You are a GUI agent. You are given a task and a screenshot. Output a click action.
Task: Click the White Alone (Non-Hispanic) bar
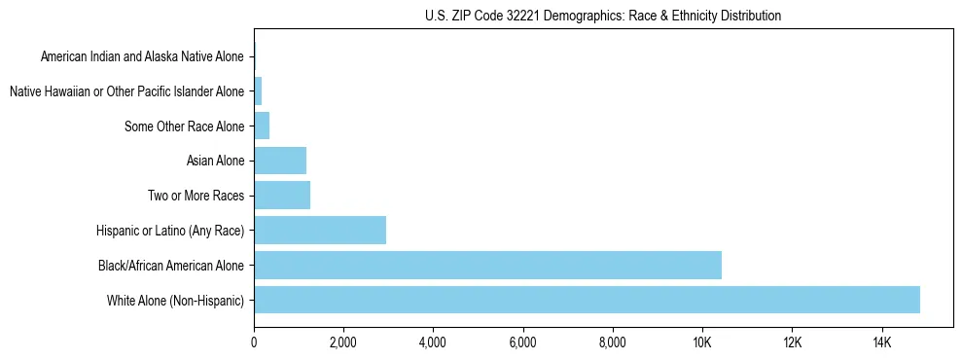click(587, 300)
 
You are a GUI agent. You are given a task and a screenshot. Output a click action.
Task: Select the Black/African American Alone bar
click(487, 265)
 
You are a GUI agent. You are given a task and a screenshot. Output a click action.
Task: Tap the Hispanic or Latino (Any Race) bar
click(320, 230)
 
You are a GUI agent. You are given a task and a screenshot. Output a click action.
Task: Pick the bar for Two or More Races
click(282, 195)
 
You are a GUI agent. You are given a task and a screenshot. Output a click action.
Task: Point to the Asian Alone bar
click(280, 160)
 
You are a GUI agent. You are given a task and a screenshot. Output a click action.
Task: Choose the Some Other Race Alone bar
click(262, 126)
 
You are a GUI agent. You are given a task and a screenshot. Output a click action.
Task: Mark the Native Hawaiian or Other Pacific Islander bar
click(258, 91)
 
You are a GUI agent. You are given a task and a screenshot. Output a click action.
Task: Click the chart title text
click(603, 16)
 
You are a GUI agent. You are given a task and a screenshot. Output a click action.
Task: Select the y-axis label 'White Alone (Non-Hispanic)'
click(176, 300)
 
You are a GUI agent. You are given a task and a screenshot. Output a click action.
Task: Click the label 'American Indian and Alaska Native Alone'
click(143, 56)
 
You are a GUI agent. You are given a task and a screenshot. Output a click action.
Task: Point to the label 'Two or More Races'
click(196, 195)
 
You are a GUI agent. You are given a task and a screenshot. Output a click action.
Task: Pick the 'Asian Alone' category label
click(215, 160)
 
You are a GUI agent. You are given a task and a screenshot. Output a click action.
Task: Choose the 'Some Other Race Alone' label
click(185, 126)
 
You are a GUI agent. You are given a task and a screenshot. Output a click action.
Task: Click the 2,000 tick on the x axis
click(343, 342)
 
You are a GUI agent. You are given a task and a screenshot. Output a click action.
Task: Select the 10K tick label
click(702, 342)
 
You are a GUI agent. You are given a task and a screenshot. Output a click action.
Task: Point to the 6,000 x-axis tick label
click(522, 342)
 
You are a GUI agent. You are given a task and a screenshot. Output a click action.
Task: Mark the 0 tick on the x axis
click(254, 342)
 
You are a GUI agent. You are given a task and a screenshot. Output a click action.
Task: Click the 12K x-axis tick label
click(792, 342)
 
